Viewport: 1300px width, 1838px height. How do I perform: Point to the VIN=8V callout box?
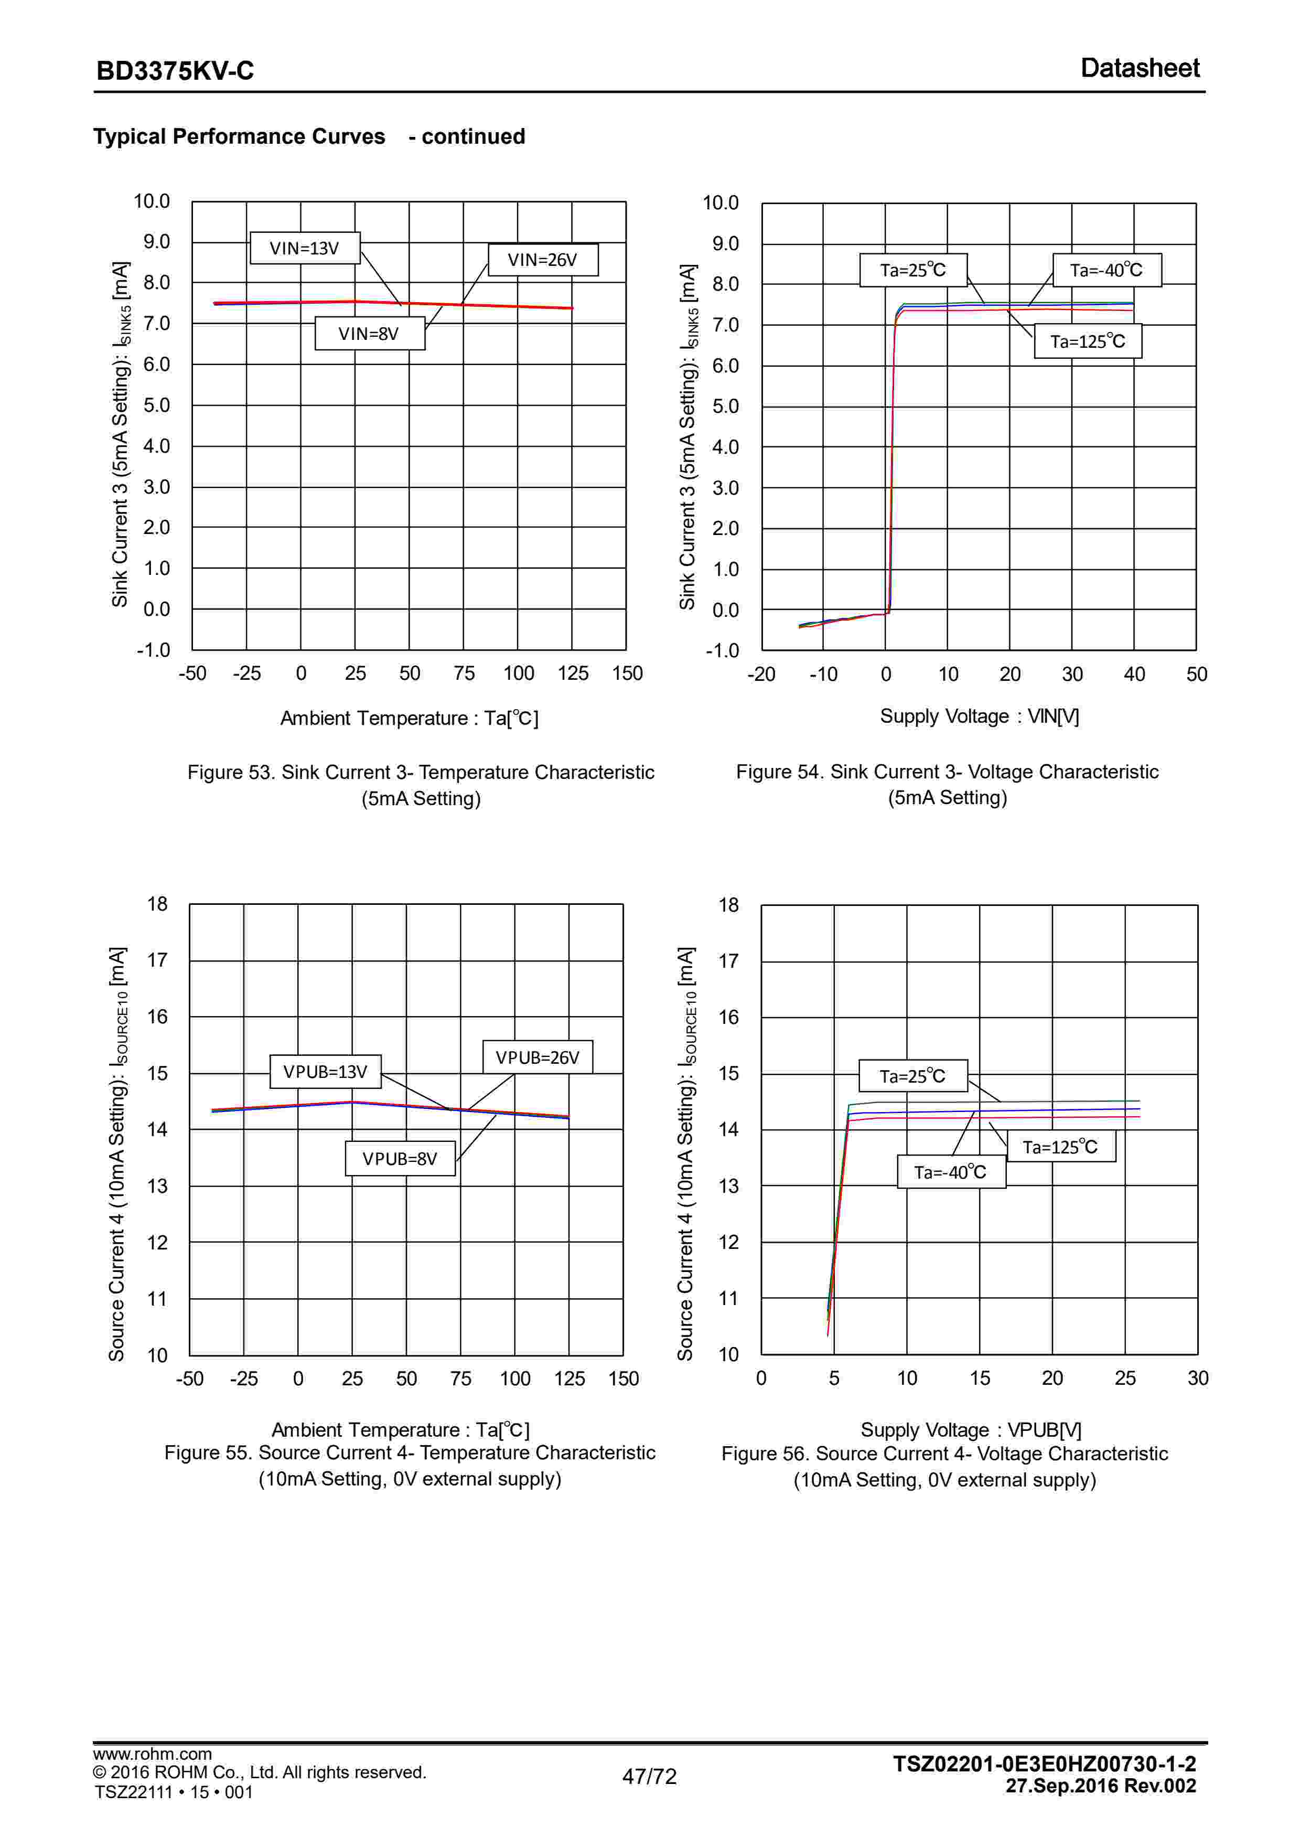369,334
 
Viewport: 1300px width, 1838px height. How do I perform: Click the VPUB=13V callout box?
325,1072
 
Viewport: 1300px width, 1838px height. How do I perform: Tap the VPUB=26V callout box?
537,1057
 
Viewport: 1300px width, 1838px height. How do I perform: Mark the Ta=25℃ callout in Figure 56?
912,1076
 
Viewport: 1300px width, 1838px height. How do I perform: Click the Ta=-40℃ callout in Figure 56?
950,1172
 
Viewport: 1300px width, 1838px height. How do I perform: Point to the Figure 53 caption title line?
420,773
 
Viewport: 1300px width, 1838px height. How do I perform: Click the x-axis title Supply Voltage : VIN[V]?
979,717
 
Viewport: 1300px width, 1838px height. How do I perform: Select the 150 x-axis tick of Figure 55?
623,1378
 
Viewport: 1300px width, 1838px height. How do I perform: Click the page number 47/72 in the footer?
649,1776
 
